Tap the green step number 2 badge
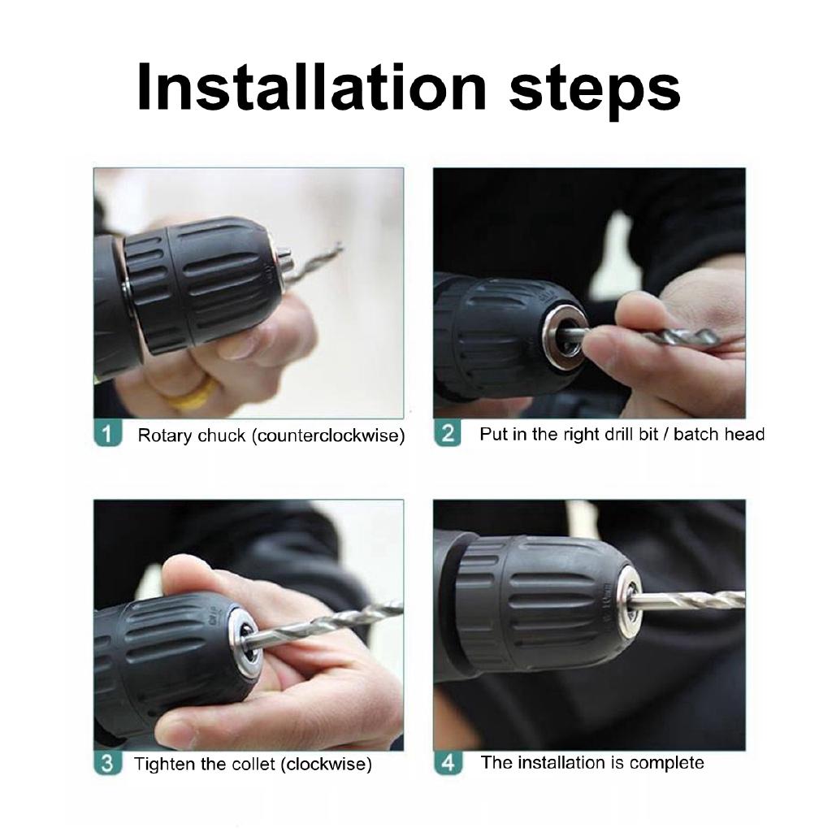pos(448,433)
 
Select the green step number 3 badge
pos(108,764)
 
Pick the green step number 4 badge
pos(448,763)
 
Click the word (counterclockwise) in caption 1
pos(327,435)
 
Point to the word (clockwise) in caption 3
pos(326,765)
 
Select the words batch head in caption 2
pos(719,434)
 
